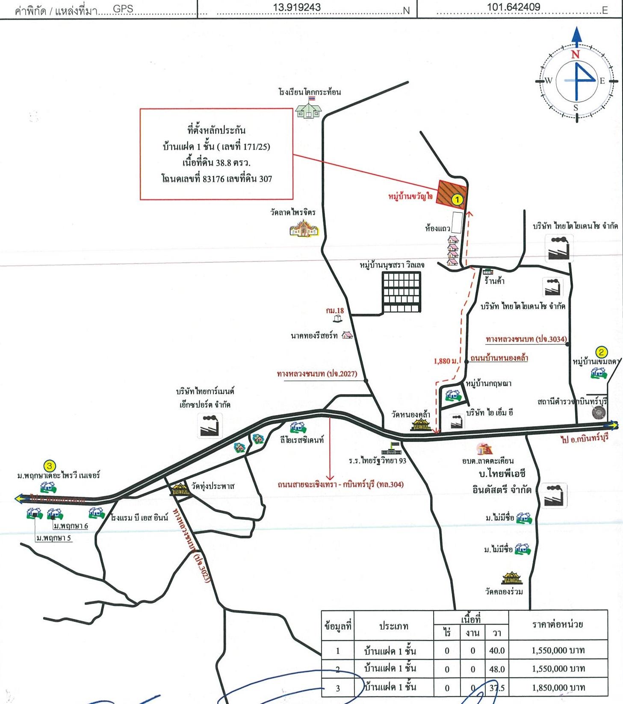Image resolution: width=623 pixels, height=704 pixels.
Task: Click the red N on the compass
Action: coord(576,54)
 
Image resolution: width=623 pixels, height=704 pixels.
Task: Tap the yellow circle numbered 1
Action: coord(457,199)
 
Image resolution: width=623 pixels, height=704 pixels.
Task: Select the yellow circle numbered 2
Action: coord(601,352)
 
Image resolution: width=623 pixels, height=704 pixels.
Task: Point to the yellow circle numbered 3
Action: coord(50,465)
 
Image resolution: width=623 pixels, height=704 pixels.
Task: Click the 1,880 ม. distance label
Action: coord(446,361)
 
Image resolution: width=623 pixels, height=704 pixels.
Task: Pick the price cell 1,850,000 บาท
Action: coord(558,688)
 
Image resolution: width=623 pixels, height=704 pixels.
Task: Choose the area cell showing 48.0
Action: coord(496,669)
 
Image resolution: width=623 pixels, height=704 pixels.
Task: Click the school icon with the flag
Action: coord(308,108)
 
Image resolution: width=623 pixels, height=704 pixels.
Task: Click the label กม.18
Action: coord(335,311)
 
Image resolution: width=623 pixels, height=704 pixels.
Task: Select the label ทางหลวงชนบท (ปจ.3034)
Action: coord(526,339)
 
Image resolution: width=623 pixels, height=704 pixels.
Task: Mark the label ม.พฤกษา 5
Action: coord(54,538)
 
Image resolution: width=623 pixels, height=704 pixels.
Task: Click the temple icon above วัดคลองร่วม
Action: coord(512,578)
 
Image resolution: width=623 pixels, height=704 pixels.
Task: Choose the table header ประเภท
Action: coord(393,626)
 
